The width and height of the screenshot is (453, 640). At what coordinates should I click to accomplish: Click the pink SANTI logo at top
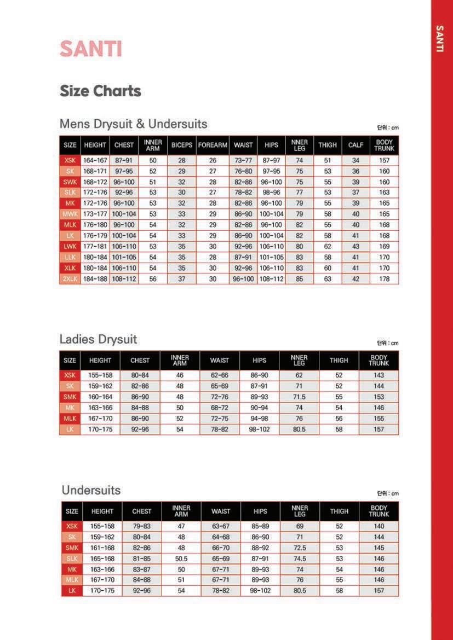tap(90, 49)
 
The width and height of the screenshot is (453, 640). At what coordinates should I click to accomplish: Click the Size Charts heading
tap(100, 91)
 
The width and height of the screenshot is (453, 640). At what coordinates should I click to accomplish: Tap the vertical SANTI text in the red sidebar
tap(439, 38)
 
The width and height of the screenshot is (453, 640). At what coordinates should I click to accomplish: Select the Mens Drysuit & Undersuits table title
tap(134, 124)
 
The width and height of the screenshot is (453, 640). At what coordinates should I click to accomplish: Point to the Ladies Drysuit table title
tap(98, 339)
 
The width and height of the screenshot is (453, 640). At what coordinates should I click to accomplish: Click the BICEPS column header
tap(182, 145)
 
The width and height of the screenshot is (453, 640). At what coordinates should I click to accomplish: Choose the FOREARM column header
tap(213, 145)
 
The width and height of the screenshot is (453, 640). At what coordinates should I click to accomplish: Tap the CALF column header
tap(355, 145)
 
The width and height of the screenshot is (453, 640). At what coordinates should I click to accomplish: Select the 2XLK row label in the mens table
tap(70, 279)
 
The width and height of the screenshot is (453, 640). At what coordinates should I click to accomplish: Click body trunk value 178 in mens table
tap(385, 279)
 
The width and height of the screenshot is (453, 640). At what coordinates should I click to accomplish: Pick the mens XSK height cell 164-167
tap(95, 161)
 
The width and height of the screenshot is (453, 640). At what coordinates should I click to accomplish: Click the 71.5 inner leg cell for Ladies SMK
tap(299, 397)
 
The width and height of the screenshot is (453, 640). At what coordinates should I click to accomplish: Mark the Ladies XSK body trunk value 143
tap(379, 376)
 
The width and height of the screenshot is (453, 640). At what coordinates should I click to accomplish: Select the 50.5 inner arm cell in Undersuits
tap(181, 558)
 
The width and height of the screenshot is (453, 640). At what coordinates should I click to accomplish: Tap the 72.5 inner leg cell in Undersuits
tap(300, 548)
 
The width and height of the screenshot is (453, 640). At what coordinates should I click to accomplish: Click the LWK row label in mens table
tap(70, 247)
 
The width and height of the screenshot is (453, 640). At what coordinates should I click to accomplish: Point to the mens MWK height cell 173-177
tap(95, 214)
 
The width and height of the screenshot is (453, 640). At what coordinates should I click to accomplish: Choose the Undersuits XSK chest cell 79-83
tap(142, 526)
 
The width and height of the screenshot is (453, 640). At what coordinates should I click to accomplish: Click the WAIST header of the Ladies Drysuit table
tap(220, 360)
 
